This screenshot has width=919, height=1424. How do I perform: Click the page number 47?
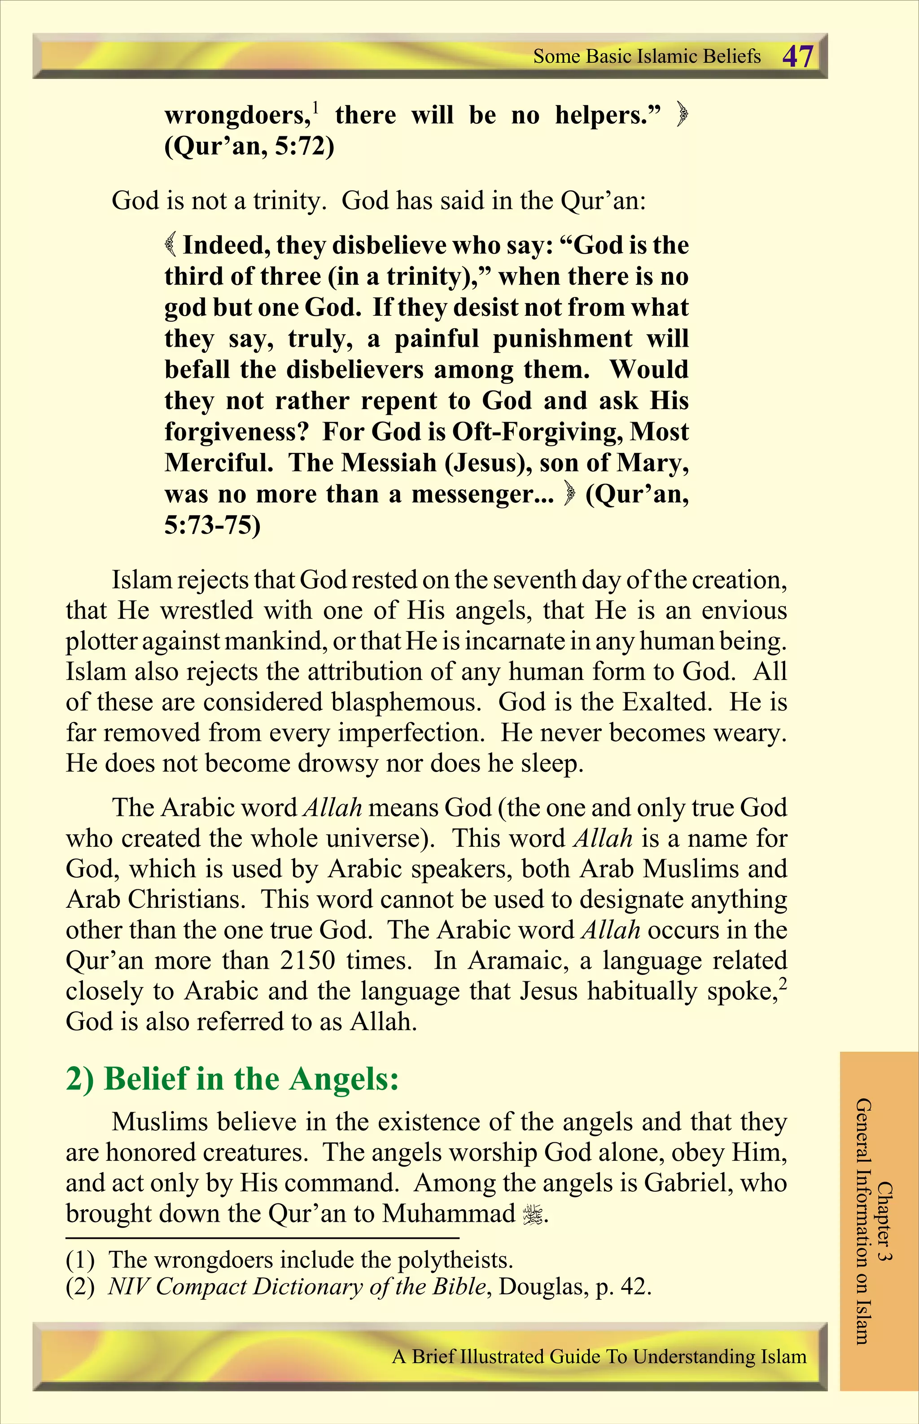(x=797, y=57)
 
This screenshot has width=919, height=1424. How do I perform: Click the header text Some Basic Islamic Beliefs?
(x=647, y=57)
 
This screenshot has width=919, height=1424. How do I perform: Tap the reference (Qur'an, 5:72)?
(x=249, y=146)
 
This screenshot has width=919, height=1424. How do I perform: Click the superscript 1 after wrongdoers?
(x=316, y=107)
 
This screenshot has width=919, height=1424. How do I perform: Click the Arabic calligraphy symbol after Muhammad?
(x=533, y=1214)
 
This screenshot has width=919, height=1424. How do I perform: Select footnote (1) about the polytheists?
(x=289, y=1260)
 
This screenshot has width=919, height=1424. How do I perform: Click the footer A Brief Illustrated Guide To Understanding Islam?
(x=599, y=1357)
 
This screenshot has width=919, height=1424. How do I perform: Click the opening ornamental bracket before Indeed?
(x=171, y=244)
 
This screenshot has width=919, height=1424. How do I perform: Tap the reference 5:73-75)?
(x=212, y=525)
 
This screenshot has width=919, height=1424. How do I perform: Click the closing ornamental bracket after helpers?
(x=682, y=114)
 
